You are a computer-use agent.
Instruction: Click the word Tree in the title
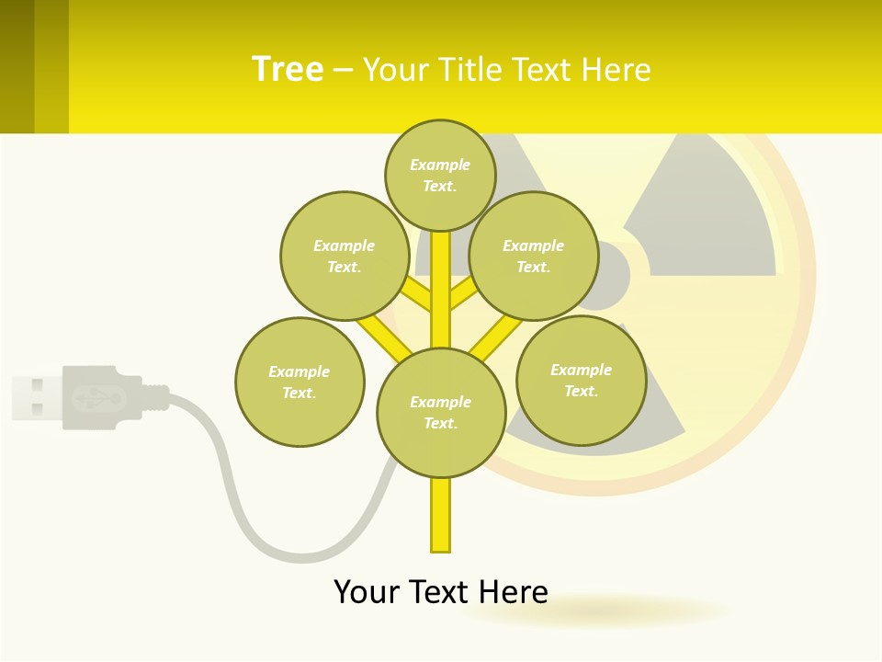coord(288,70)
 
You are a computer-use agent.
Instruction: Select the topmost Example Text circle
coord(440,175)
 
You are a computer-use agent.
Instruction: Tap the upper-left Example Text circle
coord(345,256)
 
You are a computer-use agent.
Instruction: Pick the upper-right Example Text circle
coord(534,256)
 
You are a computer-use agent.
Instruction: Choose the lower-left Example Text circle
coord(300,382)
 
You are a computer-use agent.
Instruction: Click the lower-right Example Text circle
coord(582,380)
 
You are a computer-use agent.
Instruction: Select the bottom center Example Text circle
coord(441,412)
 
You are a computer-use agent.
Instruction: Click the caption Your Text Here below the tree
coord(440,591)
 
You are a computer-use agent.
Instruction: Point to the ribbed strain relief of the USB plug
coord(156,397)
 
